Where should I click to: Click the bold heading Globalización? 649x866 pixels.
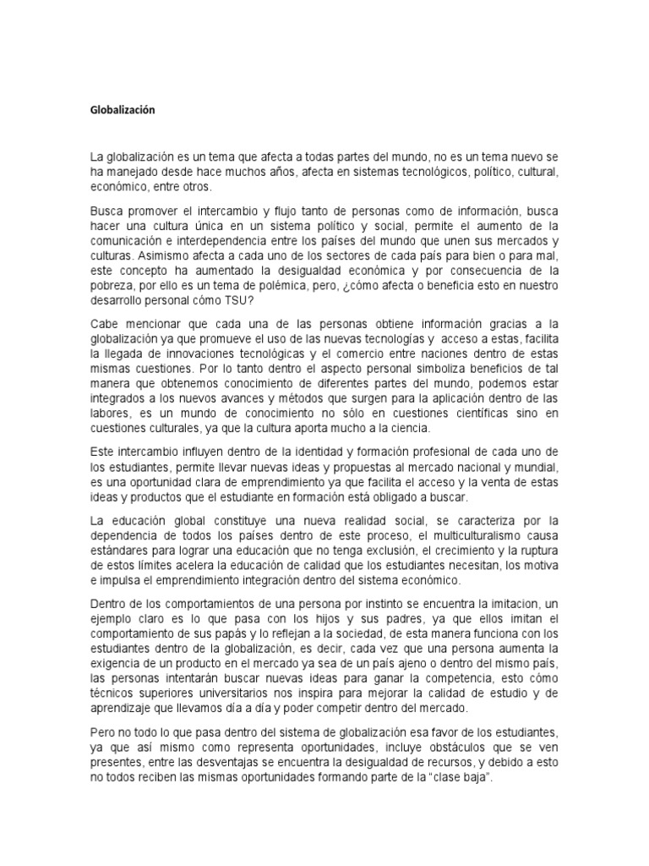click(x=123, y=110)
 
